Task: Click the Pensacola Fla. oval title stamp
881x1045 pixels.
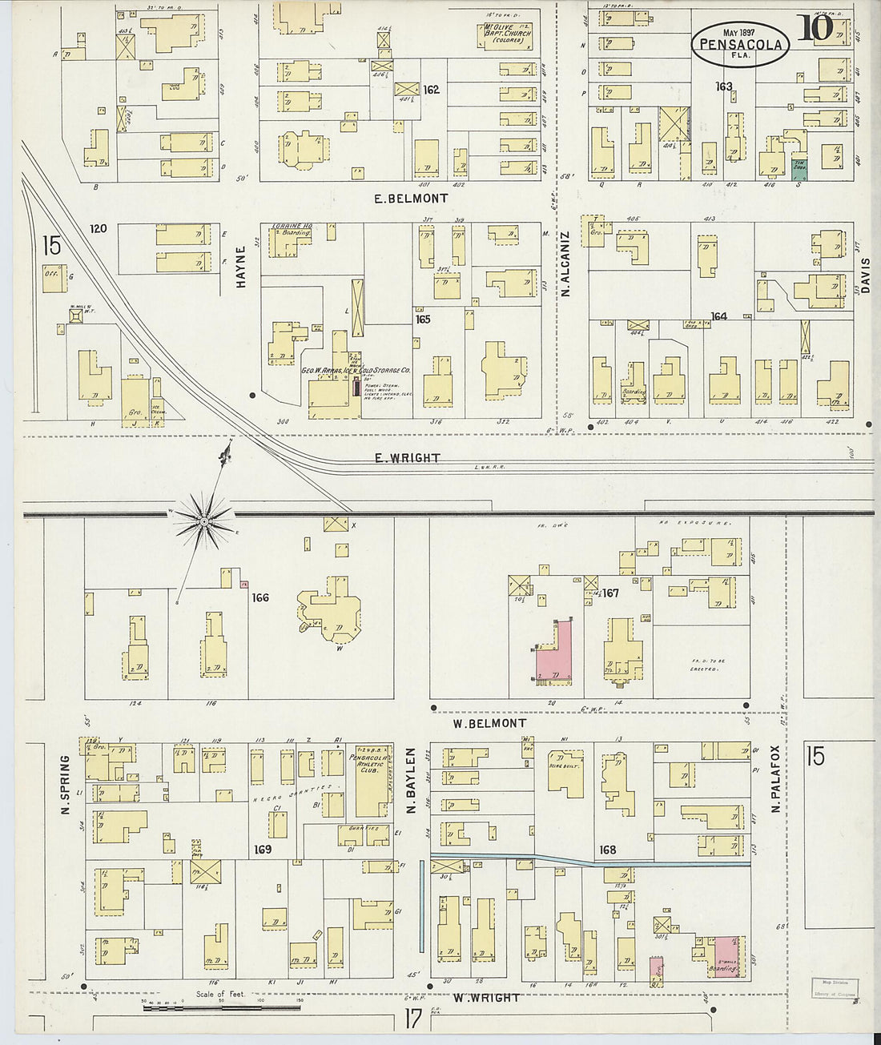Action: (741, 43)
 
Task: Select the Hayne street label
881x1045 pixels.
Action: (240, 266)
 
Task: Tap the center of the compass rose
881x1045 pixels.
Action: (204, 521)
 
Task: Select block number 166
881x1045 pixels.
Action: (259, 597)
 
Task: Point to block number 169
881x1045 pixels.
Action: (263, 850)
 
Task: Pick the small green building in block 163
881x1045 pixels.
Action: (799, 167)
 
